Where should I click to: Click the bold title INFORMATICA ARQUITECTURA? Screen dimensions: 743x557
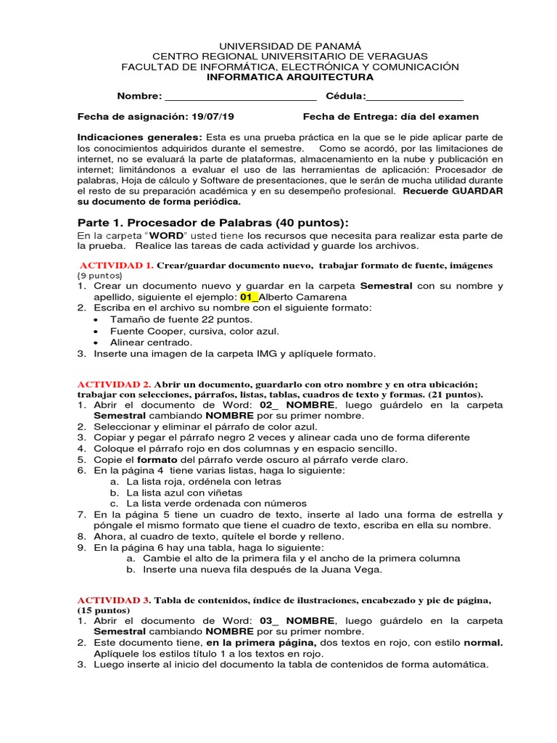[290, 77]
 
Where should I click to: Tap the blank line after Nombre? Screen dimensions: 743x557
[241, 97]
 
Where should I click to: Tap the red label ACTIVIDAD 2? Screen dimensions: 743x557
[114, 384]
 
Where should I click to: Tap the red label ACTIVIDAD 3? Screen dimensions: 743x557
[114, 600]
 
